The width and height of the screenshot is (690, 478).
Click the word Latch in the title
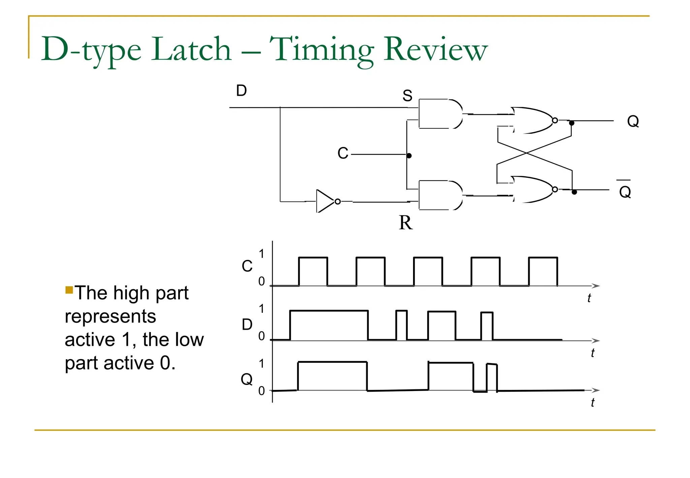(191, 50)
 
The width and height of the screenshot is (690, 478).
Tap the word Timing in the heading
(322, 51)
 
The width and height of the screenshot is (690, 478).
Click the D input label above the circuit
(241, 91)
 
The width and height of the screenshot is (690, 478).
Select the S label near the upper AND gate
(407, 96)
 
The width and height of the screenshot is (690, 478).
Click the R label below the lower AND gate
(406, 223)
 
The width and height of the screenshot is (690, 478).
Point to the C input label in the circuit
(343, 153)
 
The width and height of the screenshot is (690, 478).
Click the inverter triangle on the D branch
(325, 201)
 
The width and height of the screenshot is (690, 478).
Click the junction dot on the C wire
(409, 156)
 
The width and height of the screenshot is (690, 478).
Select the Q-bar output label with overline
(625, 190)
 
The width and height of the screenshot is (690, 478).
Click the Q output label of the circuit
(633, 121)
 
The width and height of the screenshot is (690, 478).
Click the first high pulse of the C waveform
(313, 271)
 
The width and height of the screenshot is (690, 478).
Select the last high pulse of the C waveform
(543, 271)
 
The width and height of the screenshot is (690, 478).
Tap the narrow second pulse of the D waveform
(401, 325)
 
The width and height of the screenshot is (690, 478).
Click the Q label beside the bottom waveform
(247, 379)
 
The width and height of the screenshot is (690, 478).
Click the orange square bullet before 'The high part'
(69, 290)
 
